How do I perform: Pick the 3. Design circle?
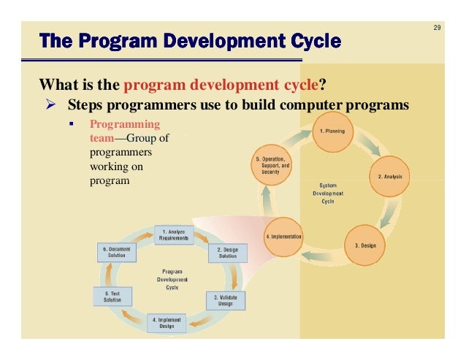(x=365, y=245)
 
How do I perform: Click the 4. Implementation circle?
(x=283, y=237)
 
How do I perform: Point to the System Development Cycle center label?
(x=327, y=194)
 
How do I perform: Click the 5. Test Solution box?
(x=112, y=296)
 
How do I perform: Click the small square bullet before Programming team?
(x=72, y=123)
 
